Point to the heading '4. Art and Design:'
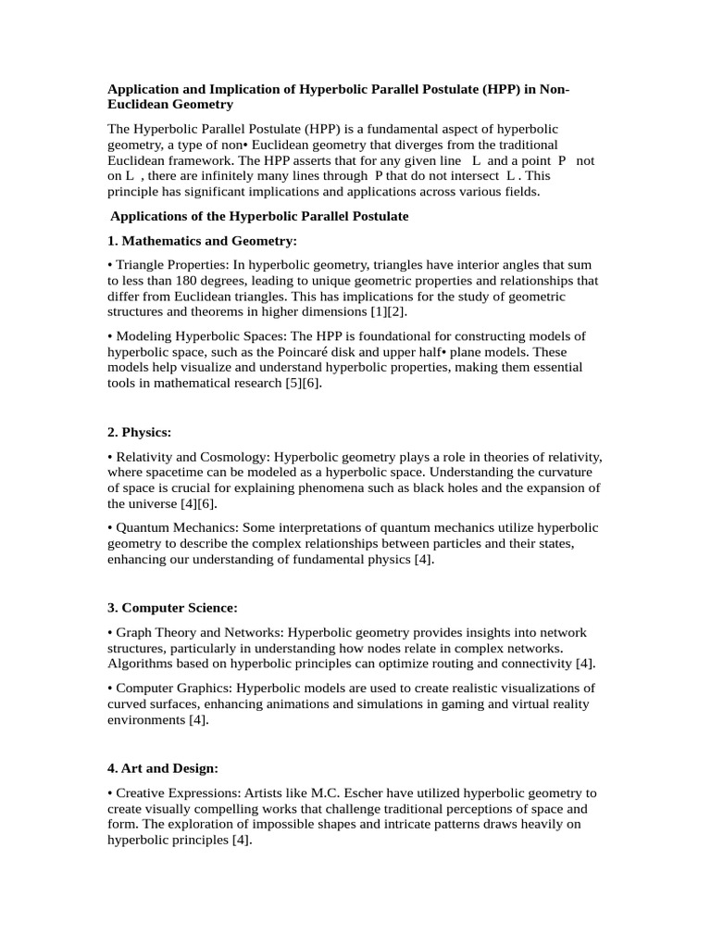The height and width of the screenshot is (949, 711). [164, 768]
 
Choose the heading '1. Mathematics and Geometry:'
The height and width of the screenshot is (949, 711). [202, 241]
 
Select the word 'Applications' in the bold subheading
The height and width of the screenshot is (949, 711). [154, 216]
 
